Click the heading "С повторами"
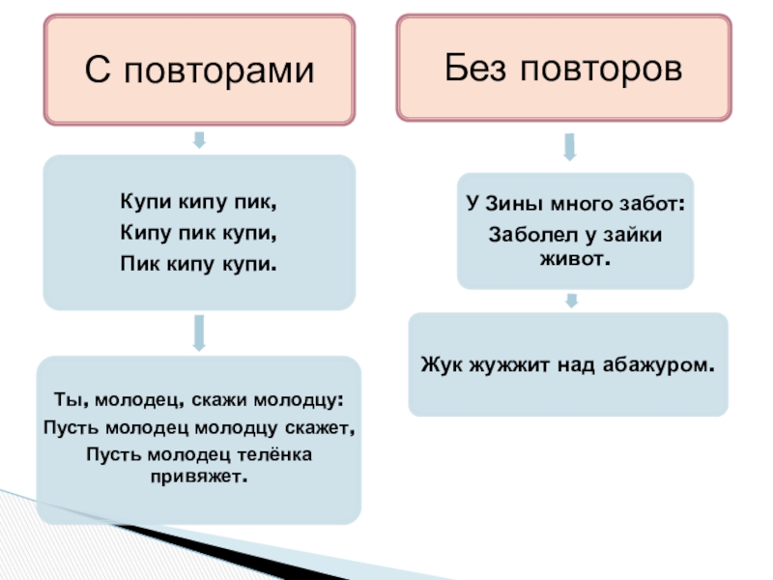coord(199,69)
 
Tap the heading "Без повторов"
coord(563,67)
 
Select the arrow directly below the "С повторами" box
coord(199,140)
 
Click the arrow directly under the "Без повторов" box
coord(569,147)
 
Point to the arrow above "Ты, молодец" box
coord(200,332)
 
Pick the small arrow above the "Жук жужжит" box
coord(571,301)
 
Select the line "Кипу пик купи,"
coord(199,234)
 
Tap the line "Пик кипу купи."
coord(199,263)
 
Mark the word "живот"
coord(575,259)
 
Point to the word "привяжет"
coord(199,477)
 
